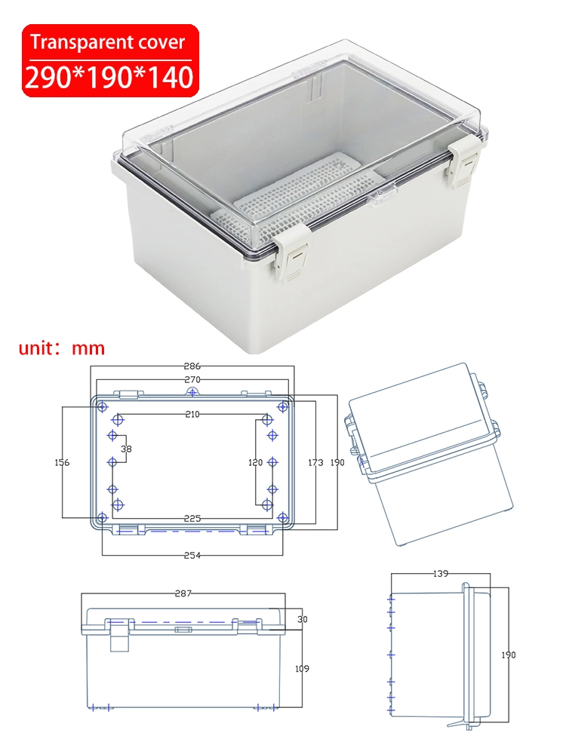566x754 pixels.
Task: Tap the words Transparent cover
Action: (x=108, y=42)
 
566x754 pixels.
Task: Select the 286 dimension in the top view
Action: (x=192, y=366)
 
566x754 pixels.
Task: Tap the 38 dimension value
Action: (x=126, y=449)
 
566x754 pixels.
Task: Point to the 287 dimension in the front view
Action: (x=183, y=593)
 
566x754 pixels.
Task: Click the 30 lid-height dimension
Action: (x=302, y=619)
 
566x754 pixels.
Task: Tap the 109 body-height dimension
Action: (x=302, y=668)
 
